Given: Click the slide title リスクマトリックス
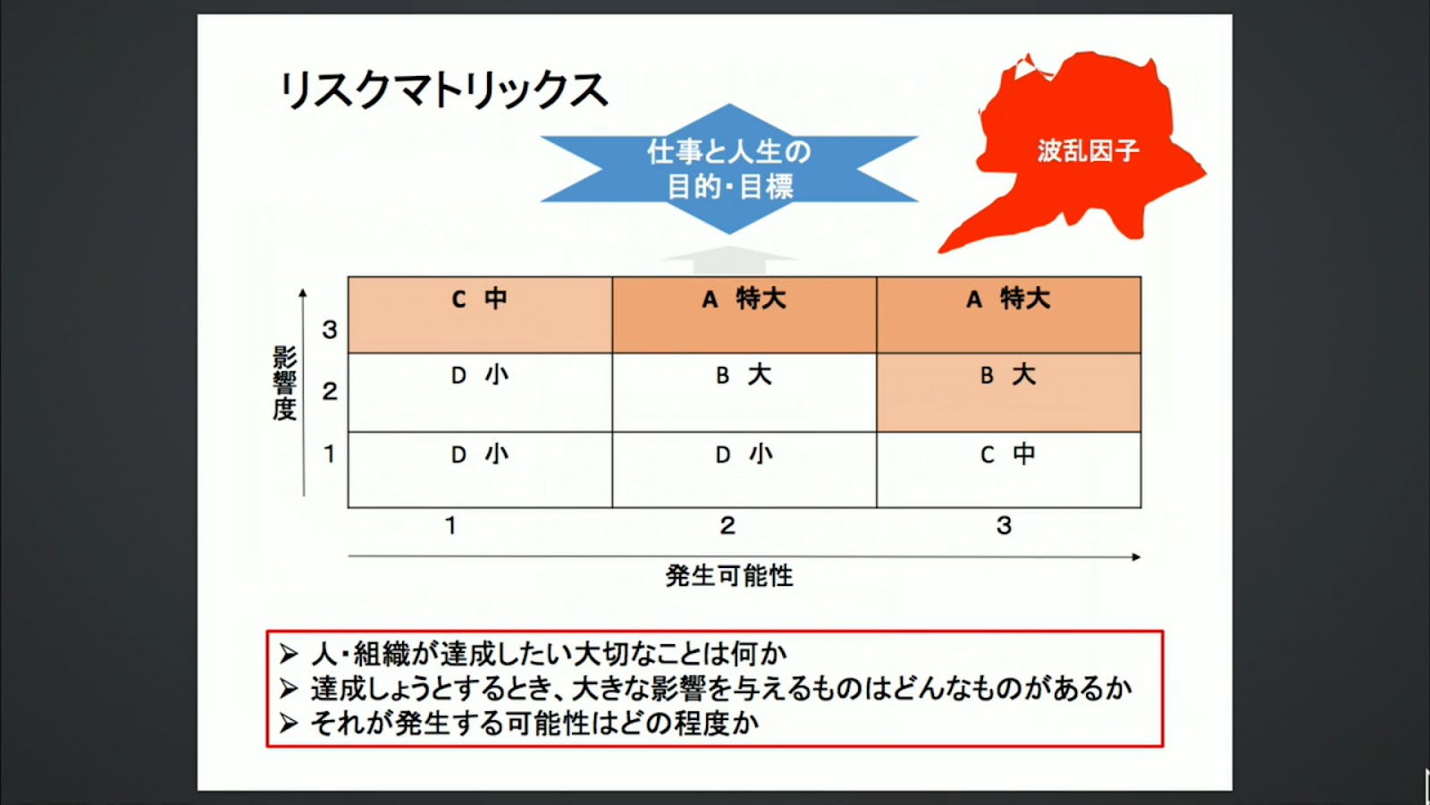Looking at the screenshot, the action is (x=443, y=90).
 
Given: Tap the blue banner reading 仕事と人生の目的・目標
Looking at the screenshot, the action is (x=729, y=169).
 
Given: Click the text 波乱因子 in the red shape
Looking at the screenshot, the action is (x=1088, y=151).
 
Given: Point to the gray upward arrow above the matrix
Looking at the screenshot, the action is (x=729, y=260).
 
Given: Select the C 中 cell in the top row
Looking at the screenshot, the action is (x=480, y=315).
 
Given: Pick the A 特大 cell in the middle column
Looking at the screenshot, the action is (x=744, y=315).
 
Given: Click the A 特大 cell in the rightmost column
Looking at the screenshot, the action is (x=1009, y=315).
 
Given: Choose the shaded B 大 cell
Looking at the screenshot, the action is (x=1009, y=393).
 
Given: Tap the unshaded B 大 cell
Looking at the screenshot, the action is (x=744, y=393).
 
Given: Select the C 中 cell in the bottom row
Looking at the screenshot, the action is (x=1009, y=470).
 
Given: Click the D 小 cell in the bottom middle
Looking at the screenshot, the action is (x=744, y=470).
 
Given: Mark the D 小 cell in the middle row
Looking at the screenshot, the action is (x=480, y=393).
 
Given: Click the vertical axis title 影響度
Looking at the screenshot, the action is (x=284, y=384).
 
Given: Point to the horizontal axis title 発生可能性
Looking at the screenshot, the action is (x=729, y=576).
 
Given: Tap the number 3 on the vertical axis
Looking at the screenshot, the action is (x=330, y=330).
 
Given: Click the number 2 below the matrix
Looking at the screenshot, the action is (x=728, y=526).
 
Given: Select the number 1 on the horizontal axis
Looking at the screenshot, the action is (x=450, y=526).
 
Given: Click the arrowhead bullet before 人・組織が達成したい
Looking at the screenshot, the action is (x=289, y=654).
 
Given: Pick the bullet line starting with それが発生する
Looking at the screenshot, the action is (x=519, y=724).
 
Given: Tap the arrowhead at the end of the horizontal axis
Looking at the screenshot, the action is (x=1136, y=557).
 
